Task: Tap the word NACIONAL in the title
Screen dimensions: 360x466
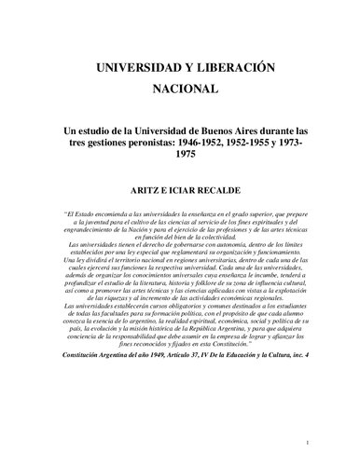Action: [179, 91]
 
